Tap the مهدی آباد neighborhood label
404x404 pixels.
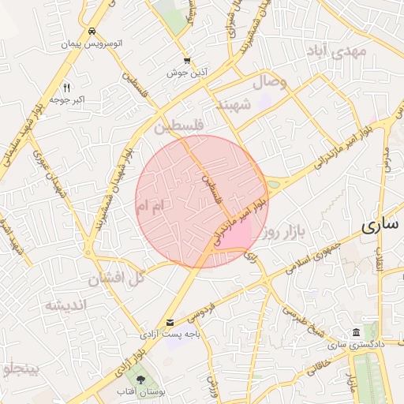point(339,53)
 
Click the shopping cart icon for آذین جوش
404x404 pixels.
point(186,60)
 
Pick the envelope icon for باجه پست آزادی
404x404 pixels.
point(170,322)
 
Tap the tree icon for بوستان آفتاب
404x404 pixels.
point(141,380)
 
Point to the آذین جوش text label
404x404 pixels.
point(187,73)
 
